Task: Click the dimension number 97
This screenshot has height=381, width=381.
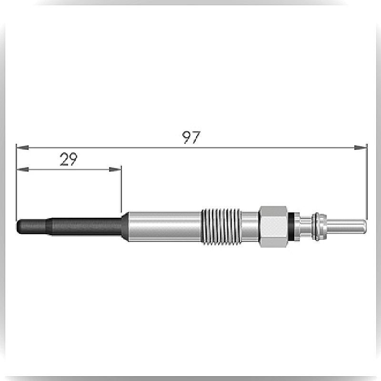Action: click(191, 137)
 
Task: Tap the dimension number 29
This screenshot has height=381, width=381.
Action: click(69, 159)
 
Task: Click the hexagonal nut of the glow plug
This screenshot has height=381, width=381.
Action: click(273, 227)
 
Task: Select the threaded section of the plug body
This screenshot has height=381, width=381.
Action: click(221, 227)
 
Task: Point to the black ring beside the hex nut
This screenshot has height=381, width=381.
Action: click(291, 227)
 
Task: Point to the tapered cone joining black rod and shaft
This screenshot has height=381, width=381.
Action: click(125, 227)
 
